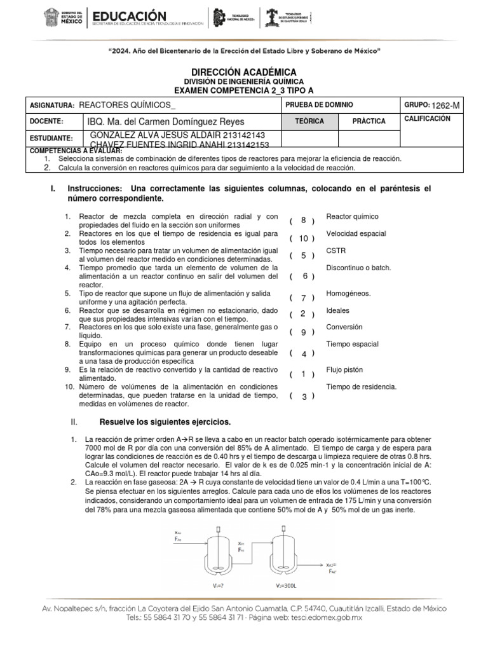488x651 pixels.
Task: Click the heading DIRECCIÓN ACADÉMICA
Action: click(244, 73)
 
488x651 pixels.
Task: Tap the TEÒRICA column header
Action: click(309, 121)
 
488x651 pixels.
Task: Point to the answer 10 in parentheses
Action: click(303, 238)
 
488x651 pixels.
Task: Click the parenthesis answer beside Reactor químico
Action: click(303, 221)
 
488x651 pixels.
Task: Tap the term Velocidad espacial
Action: click(356, 234)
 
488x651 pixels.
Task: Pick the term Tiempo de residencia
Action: click(361, 387)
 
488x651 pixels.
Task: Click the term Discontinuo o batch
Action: click(358, 268)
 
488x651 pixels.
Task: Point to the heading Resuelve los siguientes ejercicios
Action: click(165, 422)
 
